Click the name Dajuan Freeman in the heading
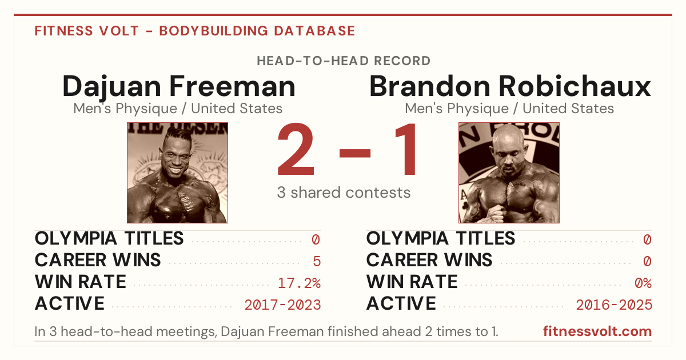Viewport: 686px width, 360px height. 179,87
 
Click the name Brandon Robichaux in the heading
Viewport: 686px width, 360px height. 510,86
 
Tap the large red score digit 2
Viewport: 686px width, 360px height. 296,149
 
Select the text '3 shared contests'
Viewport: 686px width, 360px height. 344,193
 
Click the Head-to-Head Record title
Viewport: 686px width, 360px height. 344,61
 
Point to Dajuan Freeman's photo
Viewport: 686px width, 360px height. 177,173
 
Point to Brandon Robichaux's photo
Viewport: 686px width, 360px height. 509,173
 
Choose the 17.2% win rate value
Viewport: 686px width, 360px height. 299,283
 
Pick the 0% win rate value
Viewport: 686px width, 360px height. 643,283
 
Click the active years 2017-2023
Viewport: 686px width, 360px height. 282,305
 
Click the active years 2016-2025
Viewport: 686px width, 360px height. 614,305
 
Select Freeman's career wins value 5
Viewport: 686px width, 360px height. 317,262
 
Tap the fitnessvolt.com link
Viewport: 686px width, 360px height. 597,331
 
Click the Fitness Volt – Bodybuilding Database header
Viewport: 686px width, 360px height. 195,31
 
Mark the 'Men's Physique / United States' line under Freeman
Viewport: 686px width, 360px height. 178,109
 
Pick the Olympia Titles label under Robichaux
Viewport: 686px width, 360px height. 441,238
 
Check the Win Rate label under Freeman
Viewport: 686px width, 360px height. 80,282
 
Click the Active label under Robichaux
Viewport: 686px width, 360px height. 401,303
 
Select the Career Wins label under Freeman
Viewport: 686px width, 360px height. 98,260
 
